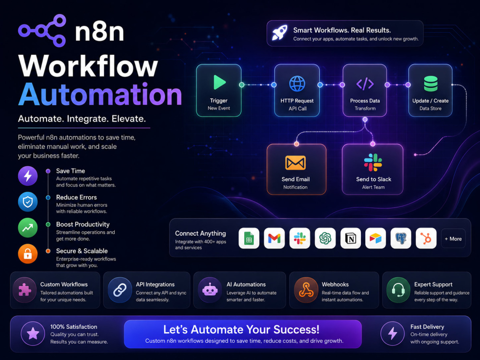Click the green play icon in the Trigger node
(x=219, y=82)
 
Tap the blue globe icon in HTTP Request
(x=297, y=84)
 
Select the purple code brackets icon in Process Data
(x=365, y=84)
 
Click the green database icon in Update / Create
(x=431, y=84)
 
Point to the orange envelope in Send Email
(x=295, y=163)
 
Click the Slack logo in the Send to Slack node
(x=373, y=162)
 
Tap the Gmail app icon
(x=274, y=238)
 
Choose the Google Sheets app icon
(x=249, y=238)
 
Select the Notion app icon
(x=350, y=238)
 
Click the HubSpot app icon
(x=426, y=238)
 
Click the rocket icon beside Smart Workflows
(x=280, y=33)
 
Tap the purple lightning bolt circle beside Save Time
(x=28, y=176)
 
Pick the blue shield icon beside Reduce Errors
(x=28, y=202)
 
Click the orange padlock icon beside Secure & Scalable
(x=28, y=254)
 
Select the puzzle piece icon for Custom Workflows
(x=25, y=290)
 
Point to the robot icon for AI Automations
(x=210, y=290)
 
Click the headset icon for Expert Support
(x=398, y=290)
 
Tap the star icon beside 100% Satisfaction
(x=33, y=334)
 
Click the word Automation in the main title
(x=100, y=94)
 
